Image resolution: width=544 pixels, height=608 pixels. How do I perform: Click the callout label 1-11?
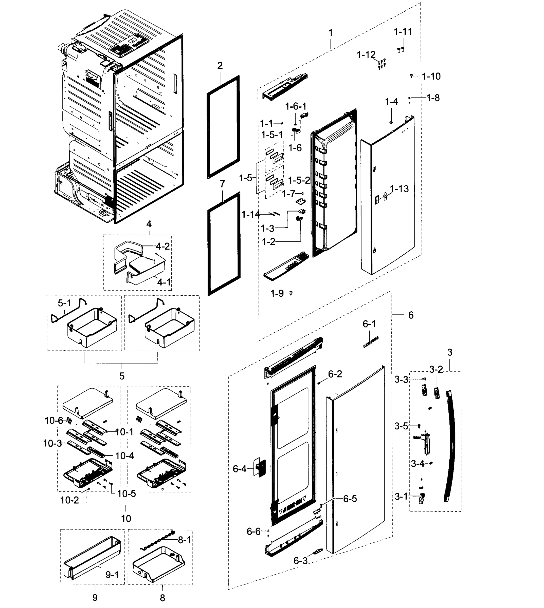(403, 32)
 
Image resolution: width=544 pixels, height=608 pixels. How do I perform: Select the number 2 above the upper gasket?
(220, 66)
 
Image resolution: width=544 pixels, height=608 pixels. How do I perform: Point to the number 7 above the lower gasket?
(222, 184)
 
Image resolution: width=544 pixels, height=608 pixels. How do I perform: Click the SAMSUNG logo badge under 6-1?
(371, 342)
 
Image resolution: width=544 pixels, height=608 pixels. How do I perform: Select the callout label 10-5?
(126, 494)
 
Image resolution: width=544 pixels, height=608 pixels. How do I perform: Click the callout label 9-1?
(112, 575)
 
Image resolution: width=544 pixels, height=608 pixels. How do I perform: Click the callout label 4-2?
(163, 246)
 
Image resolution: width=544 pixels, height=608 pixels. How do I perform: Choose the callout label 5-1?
(64, 303)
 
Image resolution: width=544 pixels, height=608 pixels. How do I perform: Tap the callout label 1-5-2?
(299, 180)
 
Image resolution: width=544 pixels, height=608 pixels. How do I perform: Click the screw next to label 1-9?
(291, 293)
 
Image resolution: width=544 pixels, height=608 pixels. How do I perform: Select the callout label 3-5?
(401, 426)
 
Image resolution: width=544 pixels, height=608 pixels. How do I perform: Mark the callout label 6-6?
(253, 531)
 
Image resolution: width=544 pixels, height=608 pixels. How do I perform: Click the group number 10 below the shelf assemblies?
(126, 518)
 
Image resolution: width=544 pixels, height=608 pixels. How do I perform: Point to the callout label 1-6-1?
(296, 106)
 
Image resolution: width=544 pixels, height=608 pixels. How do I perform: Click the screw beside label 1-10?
(411, 76)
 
